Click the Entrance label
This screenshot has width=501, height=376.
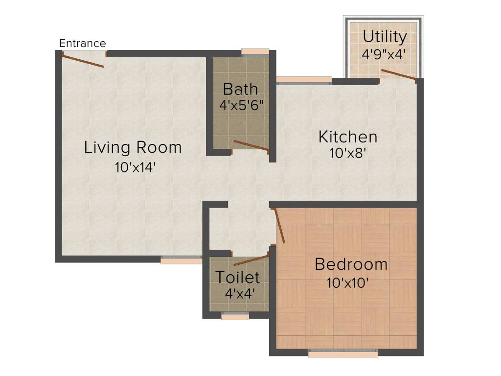pos(82,43)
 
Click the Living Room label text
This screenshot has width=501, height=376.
pos(133,147)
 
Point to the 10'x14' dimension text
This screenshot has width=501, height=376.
pos(135,167)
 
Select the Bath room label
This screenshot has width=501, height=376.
pos(240,89)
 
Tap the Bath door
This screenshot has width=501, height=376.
pos(251,145)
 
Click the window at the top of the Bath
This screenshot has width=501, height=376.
pos(255,52)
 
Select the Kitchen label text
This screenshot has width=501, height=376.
pos(348,137)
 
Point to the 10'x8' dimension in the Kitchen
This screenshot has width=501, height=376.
pos(348,153)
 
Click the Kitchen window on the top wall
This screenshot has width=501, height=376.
pos(304,81)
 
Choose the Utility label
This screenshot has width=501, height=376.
pos(385,37)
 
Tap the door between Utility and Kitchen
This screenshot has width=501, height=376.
pos(398,74)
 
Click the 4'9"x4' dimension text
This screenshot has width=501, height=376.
pos(384,54)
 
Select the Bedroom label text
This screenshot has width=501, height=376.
pos(351,264)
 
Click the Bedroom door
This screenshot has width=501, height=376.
pos(280,225)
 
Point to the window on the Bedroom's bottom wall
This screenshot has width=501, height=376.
pos(343,352)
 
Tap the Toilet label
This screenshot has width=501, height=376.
pos(238,277)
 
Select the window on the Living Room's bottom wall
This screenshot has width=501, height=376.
pos(181,260)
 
